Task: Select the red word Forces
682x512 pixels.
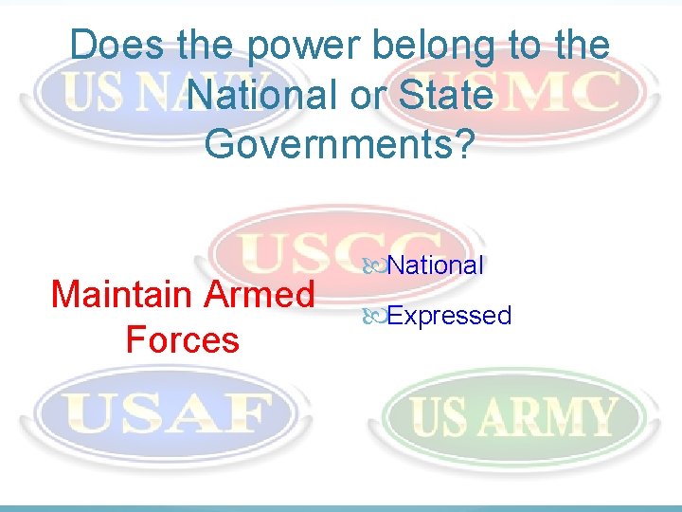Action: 183,338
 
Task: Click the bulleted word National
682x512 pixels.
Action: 436,265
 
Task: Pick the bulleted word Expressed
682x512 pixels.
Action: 449,315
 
